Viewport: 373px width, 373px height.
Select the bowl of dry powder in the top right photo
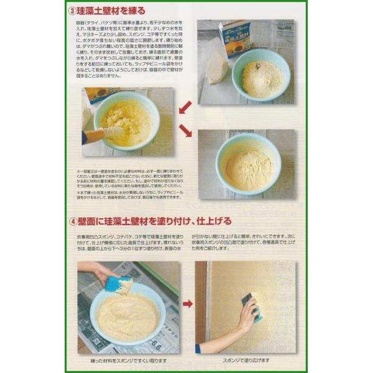point(260,75)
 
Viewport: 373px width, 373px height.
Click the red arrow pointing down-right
point(185,131)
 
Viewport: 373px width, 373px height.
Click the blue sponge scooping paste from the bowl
point(117,285)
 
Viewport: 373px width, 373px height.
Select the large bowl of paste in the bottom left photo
point(127,313)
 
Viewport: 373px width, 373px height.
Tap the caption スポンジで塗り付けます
point(248,361)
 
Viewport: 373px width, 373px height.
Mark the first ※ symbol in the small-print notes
point(79,169)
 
